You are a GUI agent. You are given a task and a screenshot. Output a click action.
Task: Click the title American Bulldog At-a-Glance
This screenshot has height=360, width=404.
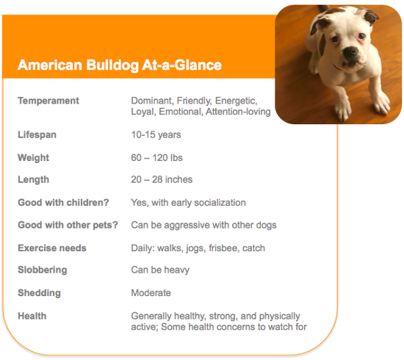(120, 65)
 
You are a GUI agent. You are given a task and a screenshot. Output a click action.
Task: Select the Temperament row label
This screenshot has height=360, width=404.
(48, 101)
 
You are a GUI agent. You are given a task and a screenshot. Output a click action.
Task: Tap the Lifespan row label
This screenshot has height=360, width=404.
(37, 134)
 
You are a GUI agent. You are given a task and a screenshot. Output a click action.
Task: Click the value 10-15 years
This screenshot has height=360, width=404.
(156, 134)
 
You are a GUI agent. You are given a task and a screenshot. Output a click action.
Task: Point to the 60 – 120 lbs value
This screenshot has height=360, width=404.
(156, 158)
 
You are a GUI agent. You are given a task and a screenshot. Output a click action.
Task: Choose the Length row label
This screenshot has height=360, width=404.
(33, 179)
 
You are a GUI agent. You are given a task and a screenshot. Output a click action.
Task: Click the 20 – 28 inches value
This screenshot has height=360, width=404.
(162, 179)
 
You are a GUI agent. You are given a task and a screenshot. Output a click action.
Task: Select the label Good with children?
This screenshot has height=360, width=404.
(63, 203)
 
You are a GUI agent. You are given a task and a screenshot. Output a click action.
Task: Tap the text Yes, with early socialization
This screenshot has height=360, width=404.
(188, 203)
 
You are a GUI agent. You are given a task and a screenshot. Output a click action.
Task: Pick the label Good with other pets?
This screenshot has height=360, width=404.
(68, 225)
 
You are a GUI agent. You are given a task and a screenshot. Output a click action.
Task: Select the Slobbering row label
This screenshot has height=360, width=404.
(43, 270)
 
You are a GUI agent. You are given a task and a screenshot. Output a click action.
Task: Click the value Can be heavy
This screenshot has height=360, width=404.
(160, 270)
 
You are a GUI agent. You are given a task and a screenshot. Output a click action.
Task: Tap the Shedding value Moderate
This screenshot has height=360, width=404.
(151, 292)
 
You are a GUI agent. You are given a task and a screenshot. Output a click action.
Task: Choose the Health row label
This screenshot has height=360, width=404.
(32, 316)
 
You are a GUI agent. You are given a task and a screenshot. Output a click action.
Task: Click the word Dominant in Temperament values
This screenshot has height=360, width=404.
(151, 101)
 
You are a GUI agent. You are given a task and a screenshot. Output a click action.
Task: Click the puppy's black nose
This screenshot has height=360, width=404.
(350, 51)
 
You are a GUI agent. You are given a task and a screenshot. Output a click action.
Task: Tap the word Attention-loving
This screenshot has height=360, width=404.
(238, 112)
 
